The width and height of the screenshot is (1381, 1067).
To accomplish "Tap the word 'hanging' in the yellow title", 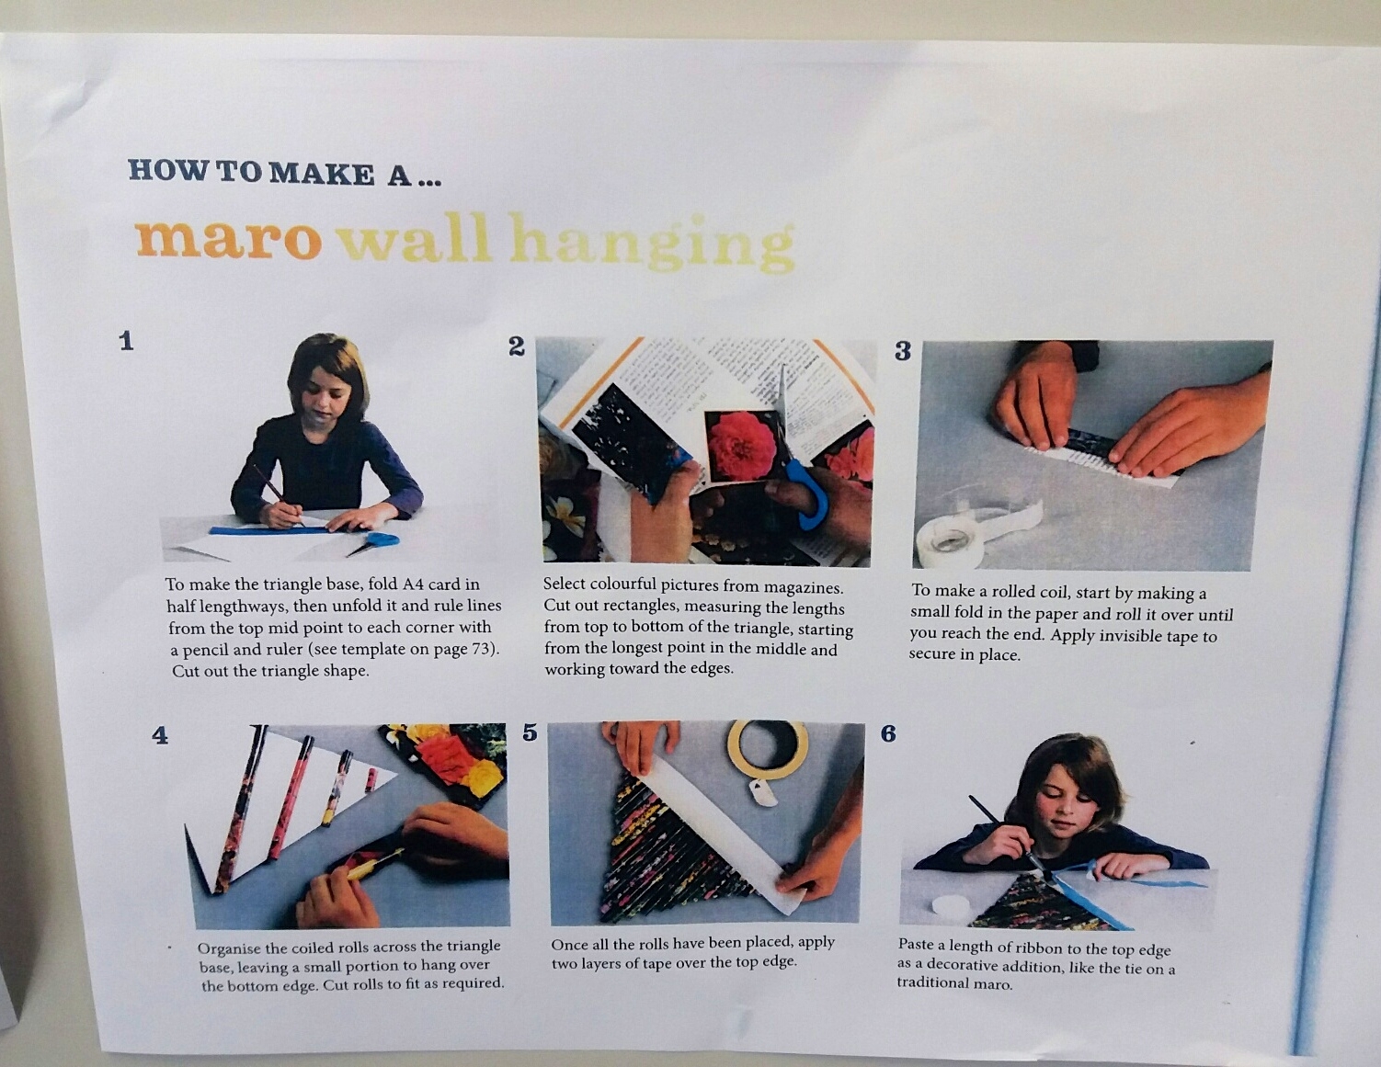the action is click(651, 244).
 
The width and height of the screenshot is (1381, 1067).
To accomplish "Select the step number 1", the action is click(127, 341).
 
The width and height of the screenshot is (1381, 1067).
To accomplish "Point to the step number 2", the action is click(517, 346).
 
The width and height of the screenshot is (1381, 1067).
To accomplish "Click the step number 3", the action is click(903, 350).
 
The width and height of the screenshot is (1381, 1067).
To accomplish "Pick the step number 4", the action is click(159, 735).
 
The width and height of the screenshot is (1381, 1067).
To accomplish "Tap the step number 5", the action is click(530, 732).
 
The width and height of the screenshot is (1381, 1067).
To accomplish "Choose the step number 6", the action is click(888, 734).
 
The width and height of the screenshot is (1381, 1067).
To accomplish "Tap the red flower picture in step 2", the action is click(741, 448).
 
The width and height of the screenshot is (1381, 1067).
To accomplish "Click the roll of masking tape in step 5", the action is click(768, 749).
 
